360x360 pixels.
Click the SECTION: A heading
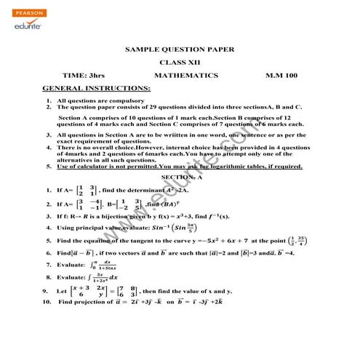pos(182,177)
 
